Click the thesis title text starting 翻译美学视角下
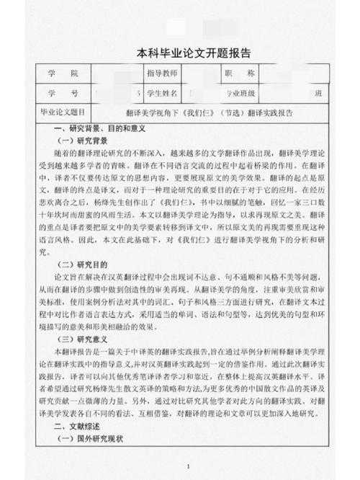tap(209, 112)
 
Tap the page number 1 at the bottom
tap(188, 468)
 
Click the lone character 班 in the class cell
tap(318, 94)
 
